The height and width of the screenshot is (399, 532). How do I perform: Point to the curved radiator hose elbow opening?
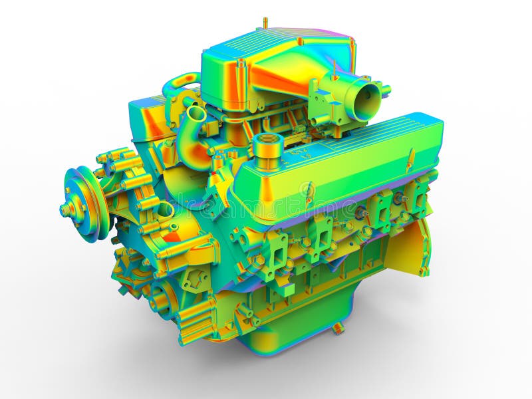[195, 113]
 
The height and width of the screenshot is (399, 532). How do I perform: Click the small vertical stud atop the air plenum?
[265, 23]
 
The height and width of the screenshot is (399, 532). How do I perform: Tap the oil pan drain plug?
[338, 328]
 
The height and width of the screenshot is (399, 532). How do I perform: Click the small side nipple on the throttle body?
[384, 88]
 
